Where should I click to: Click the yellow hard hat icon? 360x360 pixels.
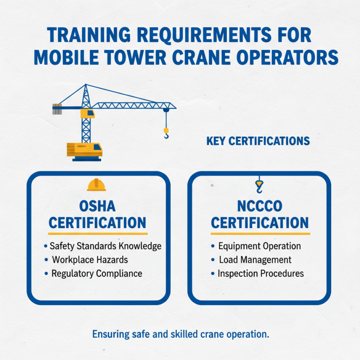tap(97, 184)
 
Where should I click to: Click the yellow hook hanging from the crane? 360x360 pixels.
tap(166, 133)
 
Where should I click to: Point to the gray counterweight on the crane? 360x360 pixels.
tap(57, 108)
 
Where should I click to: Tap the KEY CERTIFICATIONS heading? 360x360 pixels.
tap(258, 141)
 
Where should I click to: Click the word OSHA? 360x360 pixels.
tap(97, 207)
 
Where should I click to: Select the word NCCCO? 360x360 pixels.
tap(260, 207)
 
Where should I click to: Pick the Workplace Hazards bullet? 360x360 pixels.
tap(90, 260)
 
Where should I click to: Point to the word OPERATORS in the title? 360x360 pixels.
tap(282, 58)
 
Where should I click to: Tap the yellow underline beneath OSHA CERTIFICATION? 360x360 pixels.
tap(98, 234)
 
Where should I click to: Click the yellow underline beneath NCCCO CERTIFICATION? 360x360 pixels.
tap(260, 234)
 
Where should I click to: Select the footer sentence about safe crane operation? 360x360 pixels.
tap(180, 334)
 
